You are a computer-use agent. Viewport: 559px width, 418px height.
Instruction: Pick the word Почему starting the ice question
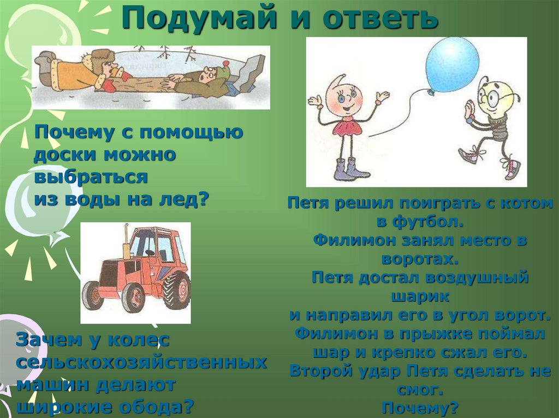69,132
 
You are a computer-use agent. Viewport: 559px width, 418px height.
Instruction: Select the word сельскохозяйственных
141,362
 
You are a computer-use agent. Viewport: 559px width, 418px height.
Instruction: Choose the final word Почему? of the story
420,408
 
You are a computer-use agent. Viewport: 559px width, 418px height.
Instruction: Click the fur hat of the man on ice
102,57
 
